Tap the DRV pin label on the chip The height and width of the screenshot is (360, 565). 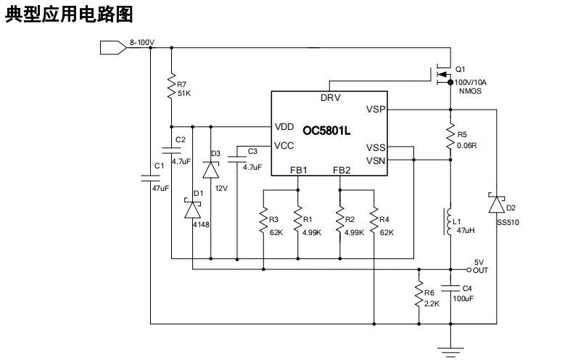330,98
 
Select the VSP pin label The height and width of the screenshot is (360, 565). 376,110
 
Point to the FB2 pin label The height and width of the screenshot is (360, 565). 342,170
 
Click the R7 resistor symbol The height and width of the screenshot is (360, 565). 171,80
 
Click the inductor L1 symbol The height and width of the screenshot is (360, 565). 448,221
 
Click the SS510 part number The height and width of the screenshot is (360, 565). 508,223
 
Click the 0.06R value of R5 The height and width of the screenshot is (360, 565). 467,145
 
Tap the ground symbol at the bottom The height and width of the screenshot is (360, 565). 450,352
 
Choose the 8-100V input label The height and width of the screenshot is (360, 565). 142,43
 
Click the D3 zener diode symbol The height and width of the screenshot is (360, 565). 210,170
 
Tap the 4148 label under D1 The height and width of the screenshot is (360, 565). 201,225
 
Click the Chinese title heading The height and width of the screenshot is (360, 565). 70,15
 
